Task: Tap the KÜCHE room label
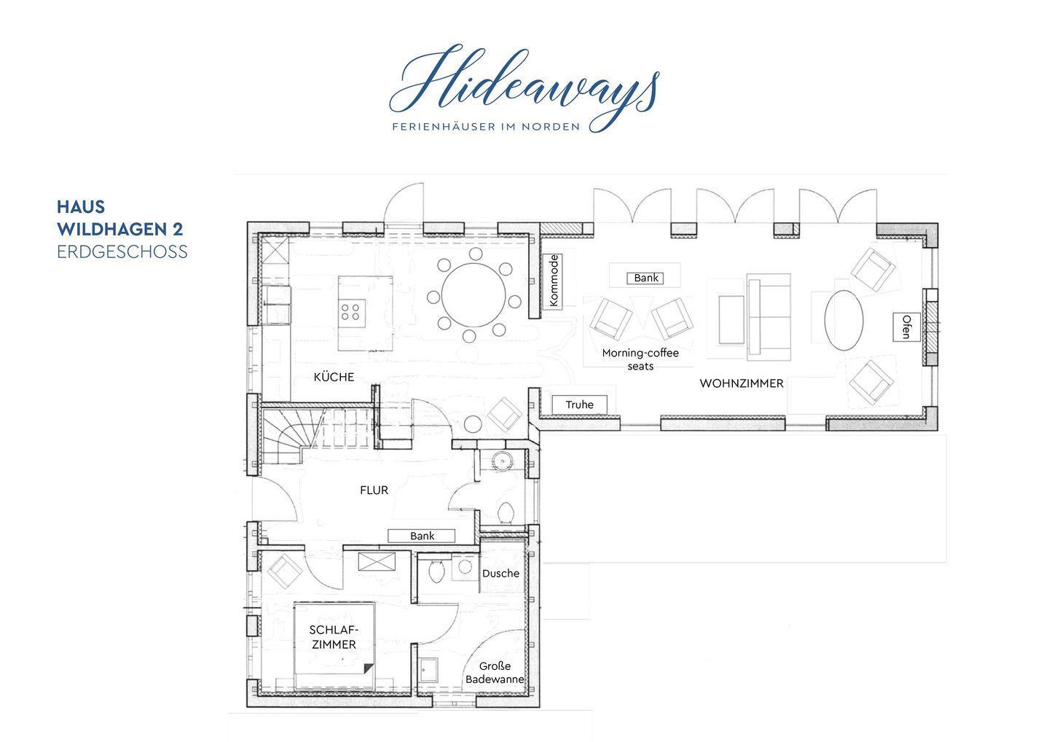tap(334, 377)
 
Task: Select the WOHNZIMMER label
tap(742, 383)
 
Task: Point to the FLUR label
tap(374, 491)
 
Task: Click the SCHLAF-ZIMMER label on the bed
tap(334, 637)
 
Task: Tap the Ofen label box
tap(906, 327)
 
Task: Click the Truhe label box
tap(579, 405)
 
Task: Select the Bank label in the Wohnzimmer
tap(645, 278)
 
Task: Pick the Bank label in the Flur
tap(422, 536)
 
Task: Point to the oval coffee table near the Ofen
tap(844, 320)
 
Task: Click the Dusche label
tap(500, 574)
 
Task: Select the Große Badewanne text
tap(495, 673)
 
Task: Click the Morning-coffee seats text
tap(640, 359)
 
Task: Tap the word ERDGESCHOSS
tap(122, 252)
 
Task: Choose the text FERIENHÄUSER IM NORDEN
tap(486, 127)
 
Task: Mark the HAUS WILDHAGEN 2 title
tap(120, 218)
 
